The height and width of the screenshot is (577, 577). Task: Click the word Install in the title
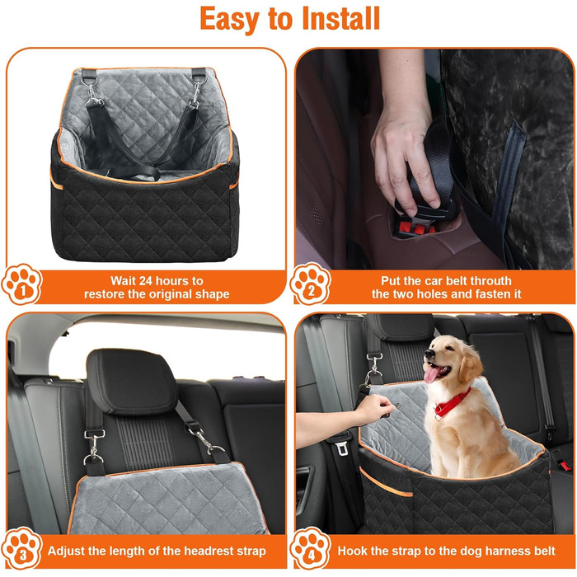[x=340, y=18]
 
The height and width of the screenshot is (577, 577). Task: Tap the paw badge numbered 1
[x=21, y=284]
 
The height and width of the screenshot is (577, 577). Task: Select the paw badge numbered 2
[x=310, y=284]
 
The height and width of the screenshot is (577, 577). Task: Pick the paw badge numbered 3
[x=21, y=548]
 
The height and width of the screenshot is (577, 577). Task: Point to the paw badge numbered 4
[x=310, y=548]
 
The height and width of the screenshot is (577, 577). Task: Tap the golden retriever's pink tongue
[x=431, y=374]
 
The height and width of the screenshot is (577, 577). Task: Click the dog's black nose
[x=429, y=354]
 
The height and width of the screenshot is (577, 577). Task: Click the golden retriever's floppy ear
[x=470, y=364]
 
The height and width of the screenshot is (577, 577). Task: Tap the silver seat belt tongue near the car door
[x=341, y=449]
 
